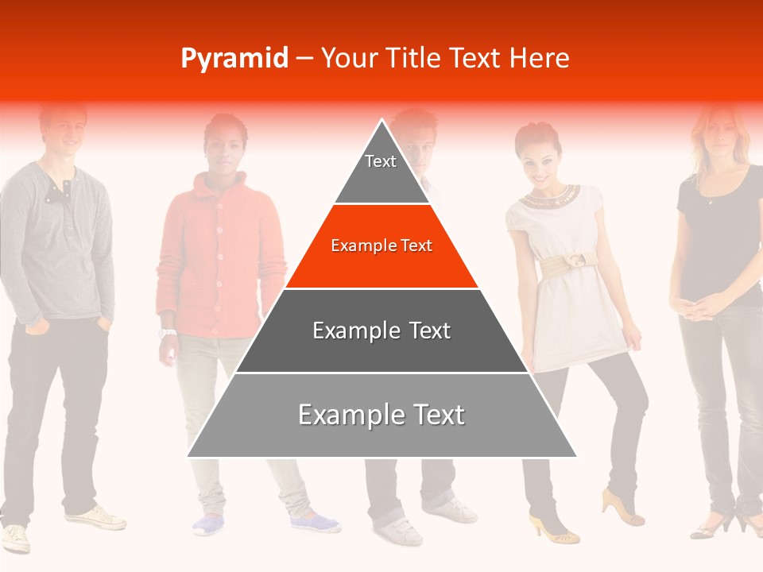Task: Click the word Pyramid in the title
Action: pos(234,59)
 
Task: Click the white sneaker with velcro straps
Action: pos(397,531)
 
